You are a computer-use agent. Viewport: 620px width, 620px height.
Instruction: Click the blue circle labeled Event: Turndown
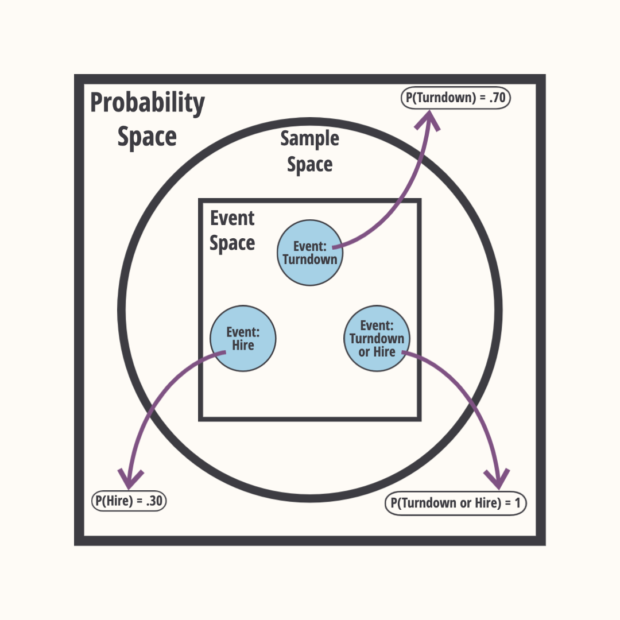coord(310,253)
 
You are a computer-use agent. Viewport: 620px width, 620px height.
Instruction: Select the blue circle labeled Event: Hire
coord(243,339)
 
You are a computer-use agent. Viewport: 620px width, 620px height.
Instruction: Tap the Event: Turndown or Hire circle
coord(377,339)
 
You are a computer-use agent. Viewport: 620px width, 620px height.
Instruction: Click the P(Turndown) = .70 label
coord(455,98)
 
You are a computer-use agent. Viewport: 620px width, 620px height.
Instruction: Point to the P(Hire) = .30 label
coord(129,501)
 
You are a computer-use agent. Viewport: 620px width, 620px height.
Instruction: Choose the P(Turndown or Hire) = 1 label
coord(455,503)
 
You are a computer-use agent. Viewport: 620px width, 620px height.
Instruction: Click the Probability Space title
coord(148,120)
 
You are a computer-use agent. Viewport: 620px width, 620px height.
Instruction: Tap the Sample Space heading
coord(310,151)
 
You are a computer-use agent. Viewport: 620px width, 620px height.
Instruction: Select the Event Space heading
coord(232,231)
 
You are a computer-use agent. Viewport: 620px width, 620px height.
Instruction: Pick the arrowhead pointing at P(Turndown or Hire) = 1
coord(496,478)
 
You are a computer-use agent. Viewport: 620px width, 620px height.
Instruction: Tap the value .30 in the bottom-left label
coord(154,501)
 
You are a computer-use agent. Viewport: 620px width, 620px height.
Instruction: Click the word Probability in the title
coord(148,104)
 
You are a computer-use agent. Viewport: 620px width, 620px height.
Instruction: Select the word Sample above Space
coord(310,139)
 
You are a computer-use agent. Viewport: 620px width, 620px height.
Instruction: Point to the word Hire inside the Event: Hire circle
coord(243,346)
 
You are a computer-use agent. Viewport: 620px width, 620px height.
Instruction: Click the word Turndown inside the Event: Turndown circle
coord(310,259)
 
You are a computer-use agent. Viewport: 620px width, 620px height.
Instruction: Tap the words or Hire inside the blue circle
coord(377,352)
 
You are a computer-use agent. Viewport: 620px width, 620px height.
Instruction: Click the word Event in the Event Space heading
coord(232,218)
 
